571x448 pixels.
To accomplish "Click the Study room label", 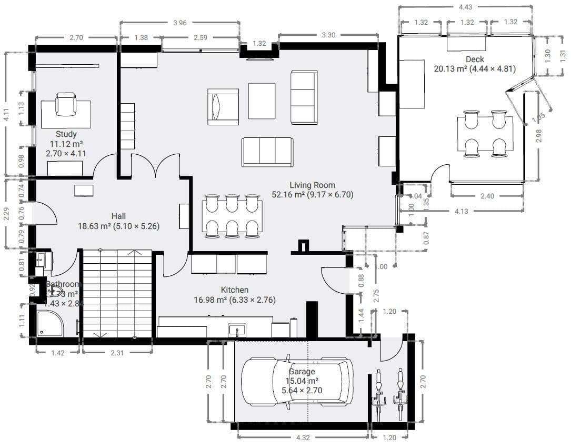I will click(66, 134).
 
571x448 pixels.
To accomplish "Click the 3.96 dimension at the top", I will click(180, 23).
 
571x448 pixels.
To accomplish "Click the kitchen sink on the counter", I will click(237, 331).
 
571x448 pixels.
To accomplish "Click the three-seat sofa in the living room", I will click(267, 152).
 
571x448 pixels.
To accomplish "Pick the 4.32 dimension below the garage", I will click(303, 437).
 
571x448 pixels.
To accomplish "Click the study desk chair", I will click(66, 104).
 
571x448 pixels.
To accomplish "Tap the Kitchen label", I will click(235, 290).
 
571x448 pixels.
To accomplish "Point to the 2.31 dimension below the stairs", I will click(117, 353).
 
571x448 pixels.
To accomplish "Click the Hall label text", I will click(118, 216).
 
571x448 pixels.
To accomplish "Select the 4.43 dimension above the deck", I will click(465, 7).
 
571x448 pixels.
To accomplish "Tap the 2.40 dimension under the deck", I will click(487, 196).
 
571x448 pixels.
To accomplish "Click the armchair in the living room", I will click(223, 107).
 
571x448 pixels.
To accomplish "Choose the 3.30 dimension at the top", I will click(328, 35).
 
